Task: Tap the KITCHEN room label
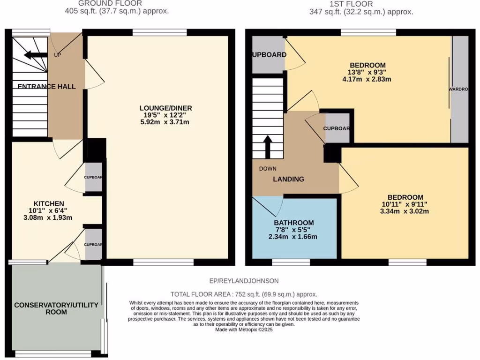pos(46,203)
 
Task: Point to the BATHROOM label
pos(294,223)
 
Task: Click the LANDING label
pos(289,179)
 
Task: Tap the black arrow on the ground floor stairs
pos(34,55)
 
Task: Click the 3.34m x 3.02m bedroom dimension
pos(405,211)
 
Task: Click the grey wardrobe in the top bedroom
pos(459,89)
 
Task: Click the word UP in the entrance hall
pos(58,55)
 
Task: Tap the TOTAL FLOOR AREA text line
pos(243,294)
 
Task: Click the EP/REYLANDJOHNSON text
pos(244,281)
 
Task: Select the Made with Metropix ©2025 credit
pos(243,330)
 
